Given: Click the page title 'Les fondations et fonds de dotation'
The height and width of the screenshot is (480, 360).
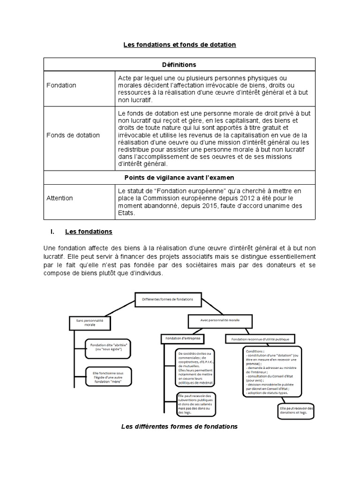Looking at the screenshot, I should point(180,45).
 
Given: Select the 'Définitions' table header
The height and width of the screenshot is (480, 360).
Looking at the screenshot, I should point(180,64).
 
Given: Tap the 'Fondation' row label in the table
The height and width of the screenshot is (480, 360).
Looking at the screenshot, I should point(61,85).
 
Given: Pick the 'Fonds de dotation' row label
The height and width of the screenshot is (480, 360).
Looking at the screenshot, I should point(73,135).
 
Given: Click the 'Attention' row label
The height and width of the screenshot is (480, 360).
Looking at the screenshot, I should point(60,198).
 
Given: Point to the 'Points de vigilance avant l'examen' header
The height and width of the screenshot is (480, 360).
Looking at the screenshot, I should point(180,178).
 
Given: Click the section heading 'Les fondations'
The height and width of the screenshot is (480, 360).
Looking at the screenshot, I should point(89,232).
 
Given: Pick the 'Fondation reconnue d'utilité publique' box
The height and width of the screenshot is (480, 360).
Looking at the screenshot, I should point(261,338).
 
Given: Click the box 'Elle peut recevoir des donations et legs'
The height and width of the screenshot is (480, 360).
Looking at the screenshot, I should point(296,411).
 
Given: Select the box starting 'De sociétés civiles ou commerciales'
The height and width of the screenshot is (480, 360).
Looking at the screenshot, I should point(195,367).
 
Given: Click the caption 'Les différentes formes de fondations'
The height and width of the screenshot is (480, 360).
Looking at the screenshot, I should point(180,427).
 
